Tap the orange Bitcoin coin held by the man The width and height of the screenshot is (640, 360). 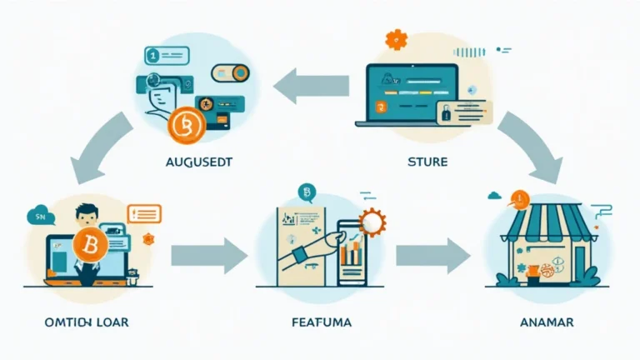[88, 247]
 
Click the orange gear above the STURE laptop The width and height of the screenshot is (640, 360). [396, 39]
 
